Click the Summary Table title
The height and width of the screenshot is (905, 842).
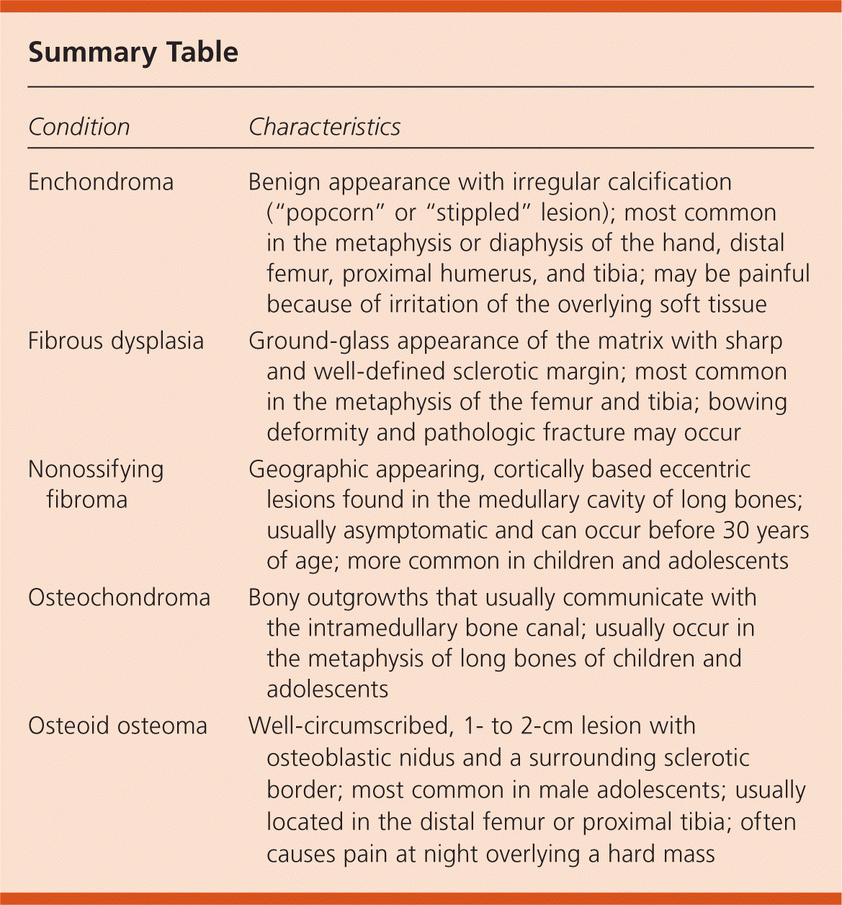133,53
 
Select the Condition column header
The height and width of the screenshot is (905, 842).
79,128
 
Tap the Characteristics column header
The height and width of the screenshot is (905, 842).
324,128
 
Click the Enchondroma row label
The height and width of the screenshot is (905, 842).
101,182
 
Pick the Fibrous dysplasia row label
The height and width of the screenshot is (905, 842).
116,341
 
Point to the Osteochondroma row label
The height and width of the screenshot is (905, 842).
119,598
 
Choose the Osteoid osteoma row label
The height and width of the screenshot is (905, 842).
117,726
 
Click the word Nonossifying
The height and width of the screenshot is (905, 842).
96,470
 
